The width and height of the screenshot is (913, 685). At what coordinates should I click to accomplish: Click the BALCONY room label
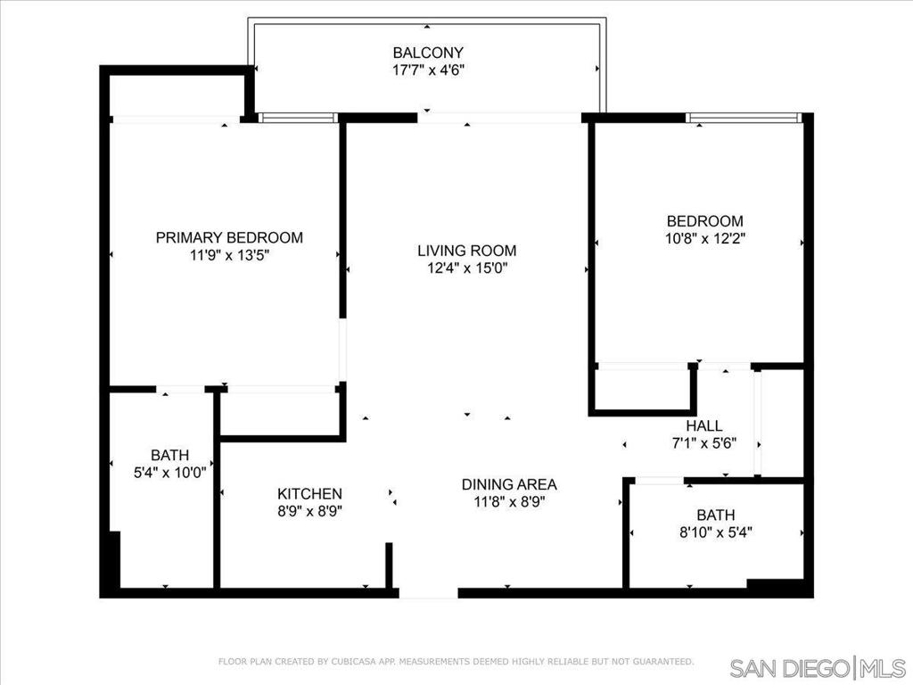click(428, 53)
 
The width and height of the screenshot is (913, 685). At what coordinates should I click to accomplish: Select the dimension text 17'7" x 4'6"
click(428, 70)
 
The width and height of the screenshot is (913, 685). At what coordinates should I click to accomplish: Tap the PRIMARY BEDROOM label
click(229, 237)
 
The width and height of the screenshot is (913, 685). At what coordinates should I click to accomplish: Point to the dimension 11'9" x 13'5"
click(229, 255)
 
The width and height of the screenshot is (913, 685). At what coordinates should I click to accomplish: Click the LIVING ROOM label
click(467, 251)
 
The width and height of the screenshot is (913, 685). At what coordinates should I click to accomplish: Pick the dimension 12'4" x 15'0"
click(467, 268)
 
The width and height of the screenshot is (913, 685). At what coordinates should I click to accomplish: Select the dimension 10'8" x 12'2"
click(705, 239)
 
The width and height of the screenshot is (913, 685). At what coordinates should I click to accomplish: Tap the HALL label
click(704, 425)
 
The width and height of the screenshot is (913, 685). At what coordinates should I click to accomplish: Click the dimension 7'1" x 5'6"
click(704, 443)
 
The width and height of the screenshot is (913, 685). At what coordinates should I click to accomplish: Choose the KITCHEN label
click(309, 494)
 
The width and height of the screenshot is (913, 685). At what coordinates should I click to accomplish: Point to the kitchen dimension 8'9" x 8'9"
click(309, 511)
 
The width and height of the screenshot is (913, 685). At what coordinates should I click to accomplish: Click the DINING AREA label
click(509, 484)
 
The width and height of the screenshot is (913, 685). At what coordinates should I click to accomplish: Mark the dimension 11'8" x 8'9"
click(509, 502)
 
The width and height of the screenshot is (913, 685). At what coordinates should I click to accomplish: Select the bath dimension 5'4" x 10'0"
click(170, 473)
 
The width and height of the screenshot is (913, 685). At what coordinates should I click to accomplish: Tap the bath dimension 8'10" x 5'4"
click(716, 532)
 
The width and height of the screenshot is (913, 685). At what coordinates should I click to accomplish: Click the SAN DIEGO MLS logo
click(818, 667)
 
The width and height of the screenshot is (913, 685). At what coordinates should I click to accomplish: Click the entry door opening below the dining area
click(429, 593)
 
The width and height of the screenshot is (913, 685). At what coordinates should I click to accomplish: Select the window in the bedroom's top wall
click(744, 118)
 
